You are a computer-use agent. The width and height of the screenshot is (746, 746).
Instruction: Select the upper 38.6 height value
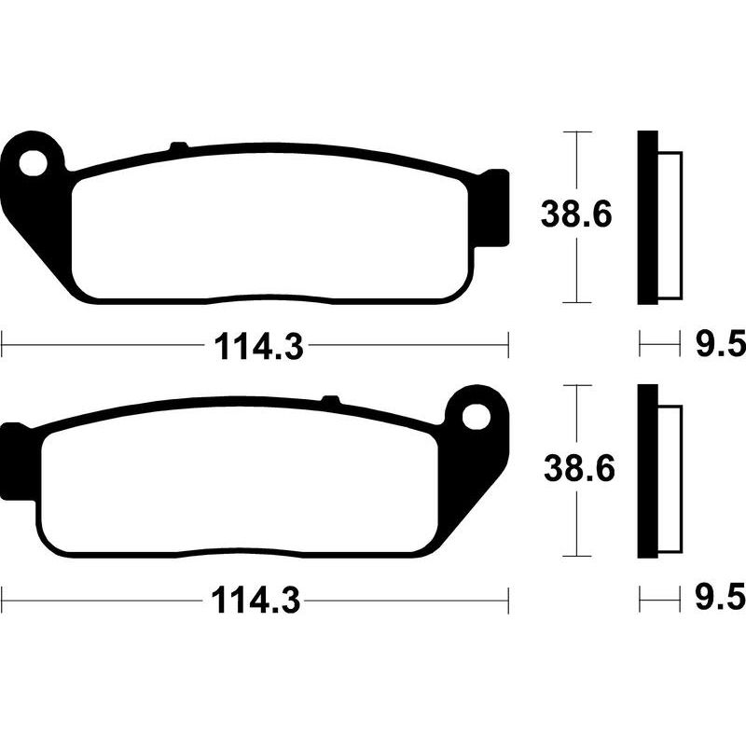click(577, 216)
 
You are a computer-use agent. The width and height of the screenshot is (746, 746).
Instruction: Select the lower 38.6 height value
click(577, 469)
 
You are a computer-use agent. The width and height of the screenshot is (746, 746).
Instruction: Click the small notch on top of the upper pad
click(178, 146)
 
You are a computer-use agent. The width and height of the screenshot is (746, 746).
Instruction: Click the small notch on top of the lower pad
click(329, 400)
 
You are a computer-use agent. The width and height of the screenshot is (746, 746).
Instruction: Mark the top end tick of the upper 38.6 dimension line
click(578, 132)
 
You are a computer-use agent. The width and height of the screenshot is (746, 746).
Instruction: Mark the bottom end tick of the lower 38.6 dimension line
click(578, 557)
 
